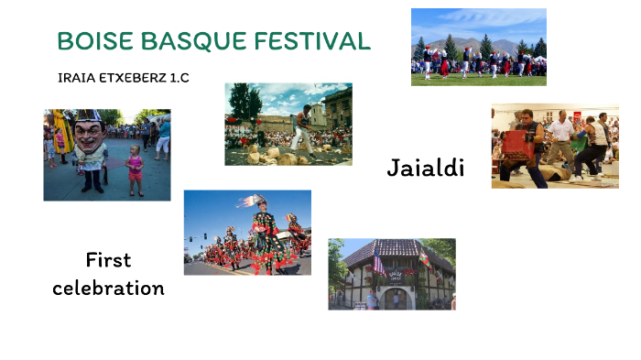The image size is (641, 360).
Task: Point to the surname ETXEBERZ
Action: tap(134, 78)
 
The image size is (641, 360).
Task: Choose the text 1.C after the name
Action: tap(179, 78)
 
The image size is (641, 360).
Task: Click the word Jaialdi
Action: tap(425, 168)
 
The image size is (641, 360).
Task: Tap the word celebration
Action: tap(108, 288)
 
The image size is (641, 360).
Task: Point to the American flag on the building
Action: tap(377, 267)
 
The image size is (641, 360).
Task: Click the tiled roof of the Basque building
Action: tap(394, 249)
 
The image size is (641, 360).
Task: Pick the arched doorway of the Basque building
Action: tap(396, 298)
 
